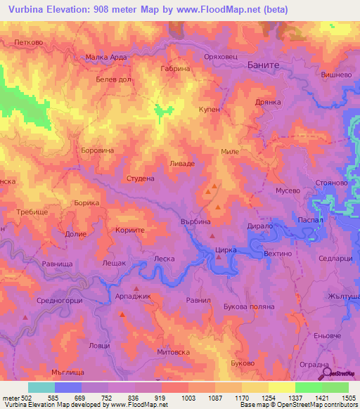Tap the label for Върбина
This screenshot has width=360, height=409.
click(195, 221)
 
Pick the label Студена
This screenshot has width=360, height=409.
click(140, 178)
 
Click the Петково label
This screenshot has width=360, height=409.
click(27, 42)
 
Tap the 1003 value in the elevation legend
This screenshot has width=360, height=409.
click(189, 398)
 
